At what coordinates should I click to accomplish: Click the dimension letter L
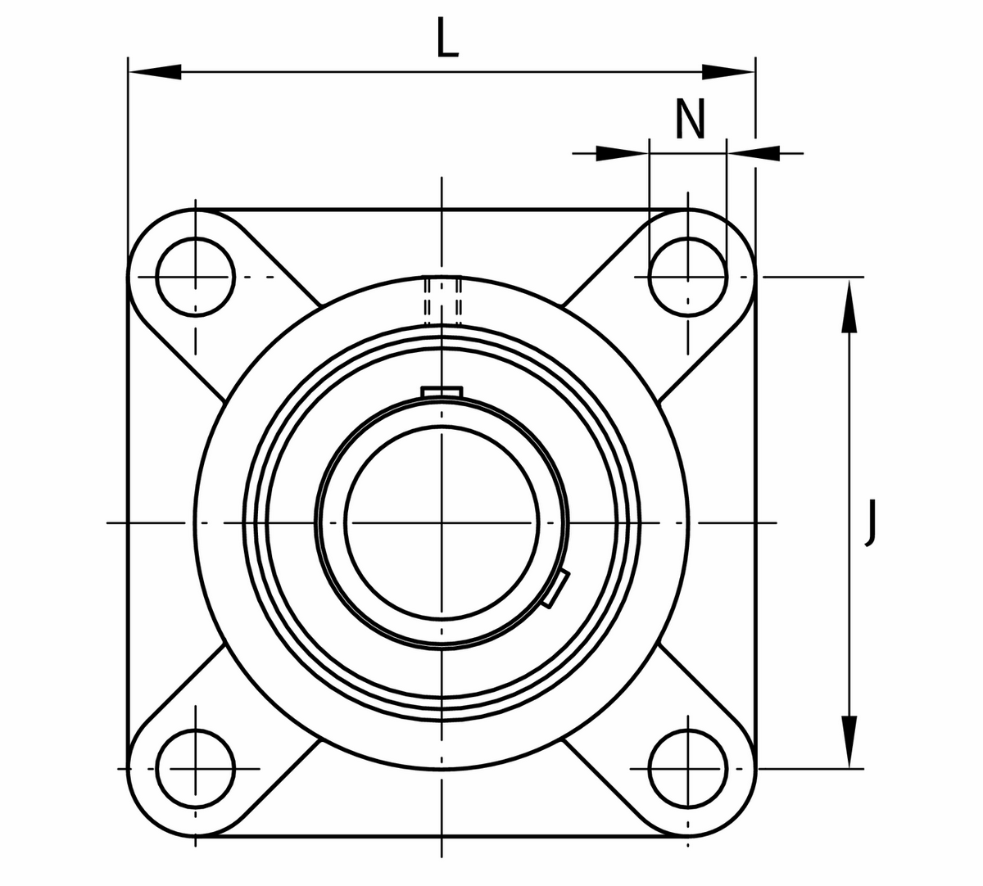(447, 39)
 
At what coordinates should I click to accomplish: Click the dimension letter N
(690, 119)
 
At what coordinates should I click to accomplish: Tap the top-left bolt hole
(196, 278)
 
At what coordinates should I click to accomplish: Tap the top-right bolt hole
(687, 278)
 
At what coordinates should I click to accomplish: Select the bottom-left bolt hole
(196, 768)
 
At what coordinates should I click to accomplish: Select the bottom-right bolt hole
(687, 768)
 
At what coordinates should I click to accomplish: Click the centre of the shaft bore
(442, 522)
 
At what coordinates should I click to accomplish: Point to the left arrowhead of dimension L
(156, 73)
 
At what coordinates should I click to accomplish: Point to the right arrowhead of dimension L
(727, 73)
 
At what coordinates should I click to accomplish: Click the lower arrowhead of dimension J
(849, 740)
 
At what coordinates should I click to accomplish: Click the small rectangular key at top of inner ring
(442, 391)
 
